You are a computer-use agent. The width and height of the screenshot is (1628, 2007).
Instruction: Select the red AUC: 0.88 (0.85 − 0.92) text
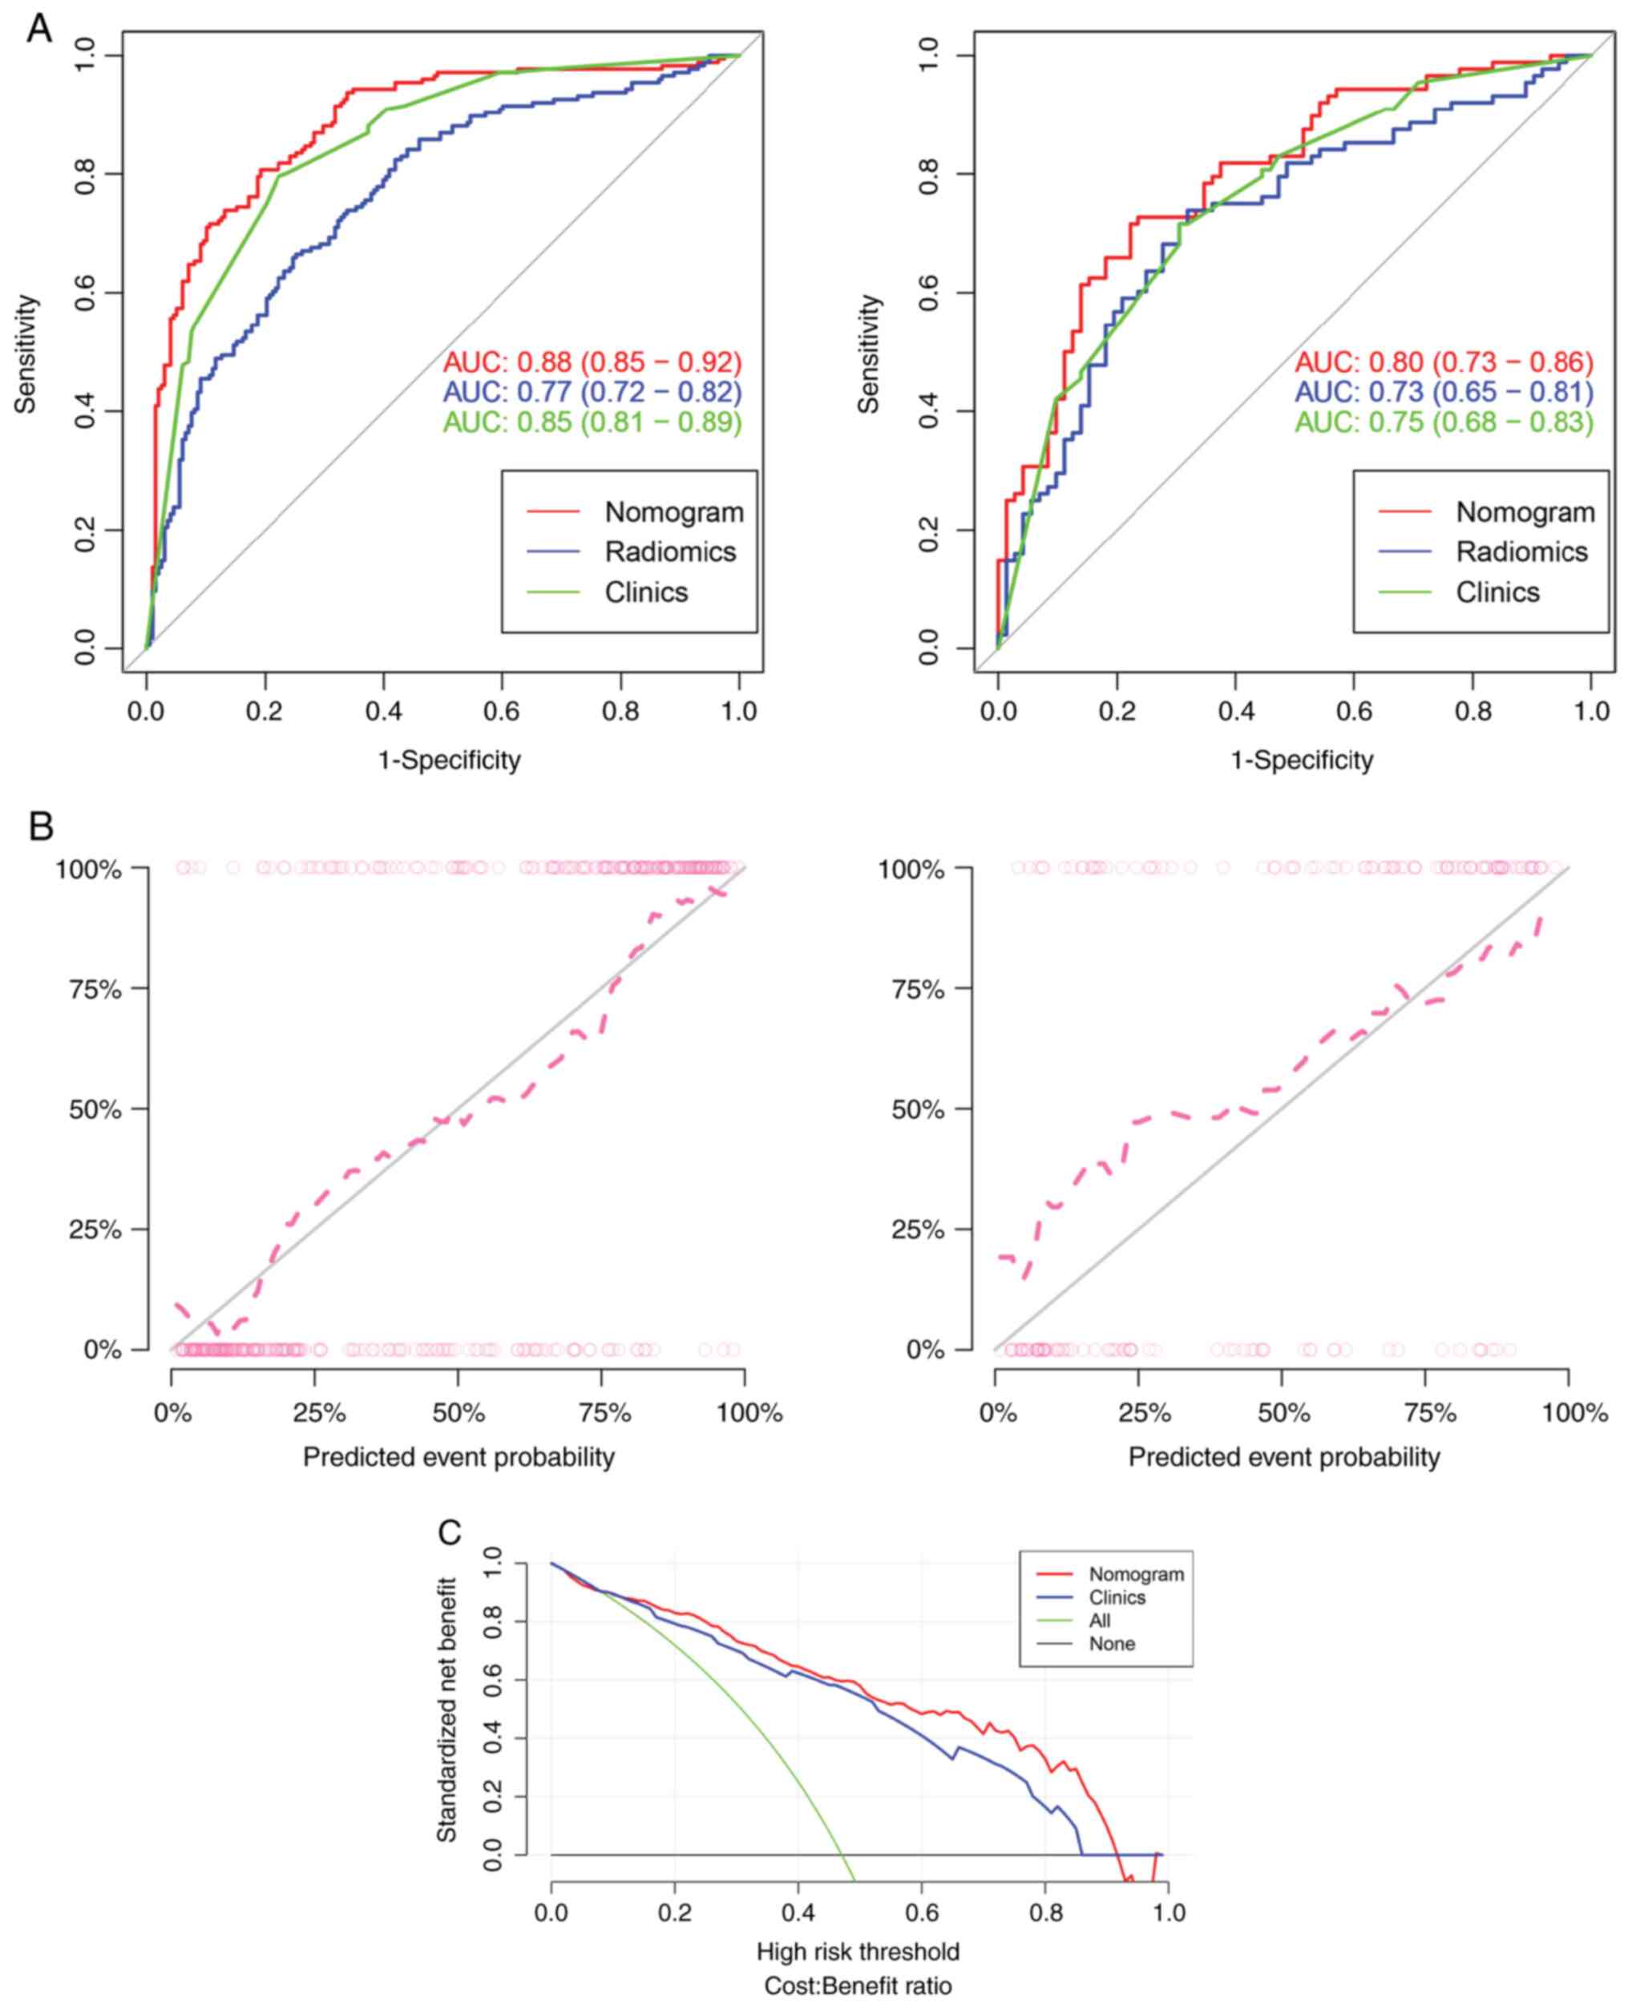click(592, 362)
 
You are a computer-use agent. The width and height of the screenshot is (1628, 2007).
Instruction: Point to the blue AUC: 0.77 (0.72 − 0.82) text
click(592, 392)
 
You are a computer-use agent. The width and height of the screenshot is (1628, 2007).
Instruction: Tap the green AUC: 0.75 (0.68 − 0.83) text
click(1444, 422)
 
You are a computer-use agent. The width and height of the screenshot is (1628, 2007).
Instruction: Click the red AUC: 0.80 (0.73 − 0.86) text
click(1444, 362)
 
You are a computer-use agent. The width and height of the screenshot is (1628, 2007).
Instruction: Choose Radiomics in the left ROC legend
click(669, 551)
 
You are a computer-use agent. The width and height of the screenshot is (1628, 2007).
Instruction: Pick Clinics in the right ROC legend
click(1497, 592)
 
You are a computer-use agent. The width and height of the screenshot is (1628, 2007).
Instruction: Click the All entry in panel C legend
click(1099, 1621)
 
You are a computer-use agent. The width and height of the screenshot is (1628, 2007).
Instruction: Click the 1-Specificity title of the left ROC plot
click(449, 760)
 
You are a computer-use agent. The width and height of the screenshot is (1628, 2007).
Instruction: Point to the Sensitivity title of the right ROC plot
click(870, 353)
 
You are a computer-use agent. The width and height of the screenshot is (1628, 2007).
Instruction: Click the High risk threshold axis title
click(858, 1952)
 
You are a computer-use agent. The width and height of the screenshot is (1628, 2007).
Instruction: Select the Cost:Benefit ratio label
click(858, 1985)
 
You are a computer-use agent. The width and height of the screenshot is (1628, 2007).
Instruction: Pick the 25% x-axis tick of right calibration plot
click(1144, 1412)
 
